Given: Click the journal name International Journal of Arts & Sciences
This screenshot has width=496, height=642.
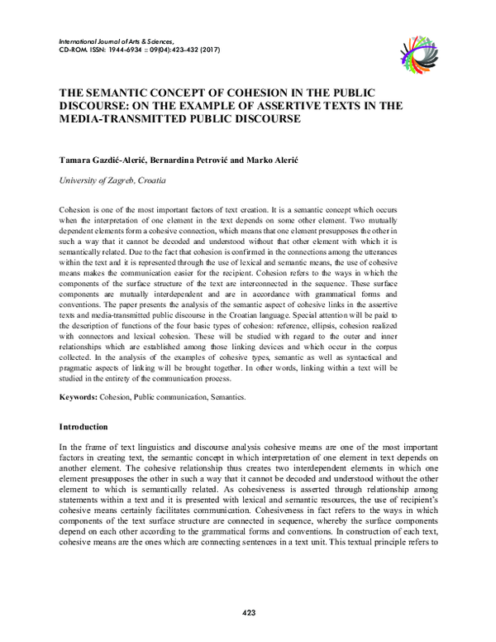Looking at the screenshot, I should [x=117, y=41].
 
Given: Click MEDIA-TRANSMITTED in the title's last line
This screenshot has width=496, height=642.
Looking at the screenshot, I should [x=119, y=118].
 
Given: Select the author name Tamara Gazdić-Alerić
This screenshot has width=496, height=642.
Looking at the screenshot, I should [x=107, y=156].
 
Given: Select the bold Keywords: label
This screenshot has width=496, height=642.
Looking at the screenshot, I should [x=79, y=397].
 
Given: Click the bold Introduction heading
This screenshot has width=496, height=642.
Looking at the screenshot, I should [x=83, y=427].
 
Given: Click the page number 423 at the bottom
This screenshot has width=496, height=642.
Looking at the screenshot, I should [x=248, y=613].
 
